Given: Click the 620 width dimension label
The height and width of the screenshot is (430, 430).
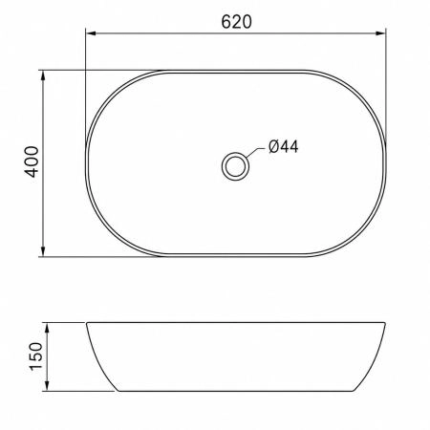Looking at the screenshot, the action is (x=236, y=22).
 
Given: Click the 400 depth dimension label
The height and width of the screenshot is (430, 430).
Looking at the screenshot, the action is (x=32, y=161).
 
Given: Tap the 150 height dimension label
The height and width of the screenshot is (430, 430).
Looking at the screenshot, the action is (x=35, y=356).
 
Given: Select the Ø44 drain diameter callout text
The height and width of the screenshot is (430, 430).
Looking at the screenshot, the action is (x=284, y=147).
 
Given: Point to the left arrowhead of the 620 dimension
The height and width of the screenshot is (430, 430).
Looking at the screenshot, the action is (x=91, y=33).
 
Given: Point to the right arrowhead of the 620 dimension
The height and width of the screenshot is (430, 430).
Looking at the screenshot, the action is (x=380, y=33).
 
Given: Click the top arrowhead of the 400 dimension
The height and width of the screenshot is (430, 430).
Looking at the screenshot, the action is (x=43, y=75).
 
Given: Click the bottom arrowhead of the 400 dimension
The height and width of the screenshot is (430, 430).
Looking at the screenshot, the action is (x=43, y=251).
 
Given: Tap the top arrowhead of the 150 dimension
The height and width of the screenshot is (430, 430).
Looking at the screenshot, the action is (x=47, y=328).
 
